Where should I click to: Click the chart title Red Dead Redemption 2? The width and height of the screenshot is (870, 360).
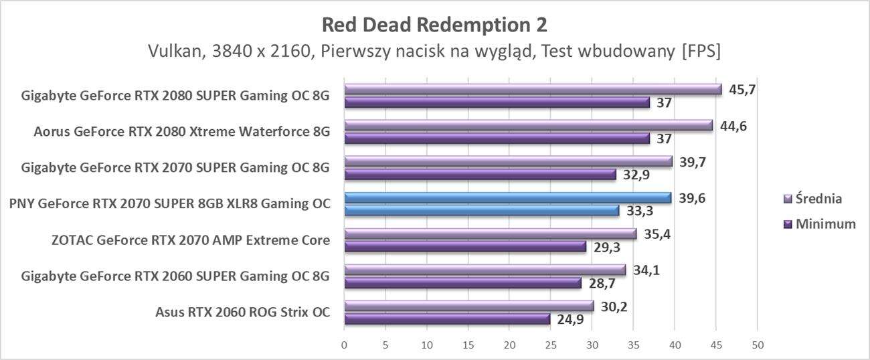434,25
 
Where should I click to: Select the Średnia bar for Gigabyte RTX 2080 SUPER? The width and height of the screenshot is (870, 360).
532,90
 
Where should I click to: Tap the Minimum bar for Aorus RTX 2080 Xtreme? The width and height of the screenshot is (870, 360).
496,139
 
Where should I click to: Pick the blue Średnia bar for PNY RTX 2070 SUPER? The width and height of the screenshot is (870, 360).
507,198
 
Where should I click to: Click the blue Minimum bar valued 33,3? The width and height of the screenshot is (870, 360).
481,211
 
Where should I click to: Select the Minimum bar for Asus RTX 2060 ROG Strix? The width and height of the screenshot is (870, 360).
446,319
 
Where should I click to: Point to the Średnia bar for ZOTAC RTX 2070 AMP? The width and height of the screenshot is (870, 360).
490,234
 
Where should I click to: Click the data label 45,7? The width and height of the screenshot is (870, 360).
742,90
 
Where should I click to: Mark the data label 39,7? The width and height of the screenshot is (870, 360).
693,162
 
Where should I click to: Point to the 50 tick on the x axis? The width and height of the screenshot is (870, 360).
757,345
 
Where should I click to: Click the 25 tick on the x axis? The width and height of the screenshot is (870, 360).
550,345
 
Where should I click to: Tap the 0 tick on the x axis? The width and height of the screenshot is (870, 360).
344,345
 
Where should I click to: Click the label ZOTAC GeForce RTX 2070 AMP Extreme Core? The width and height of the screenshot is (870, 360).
191,240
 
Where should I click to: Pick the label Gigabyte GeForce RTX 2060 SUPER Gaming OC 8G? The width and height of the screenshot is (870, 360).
175,276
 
